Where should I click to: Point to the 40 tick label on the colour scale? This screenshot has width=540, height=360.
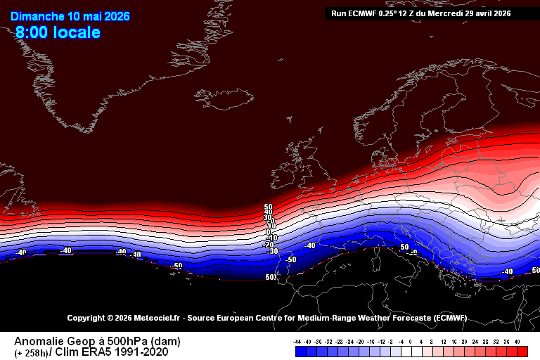(517, 340)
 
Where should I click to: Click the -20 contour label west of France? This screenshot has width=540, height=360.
(269, 244)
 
